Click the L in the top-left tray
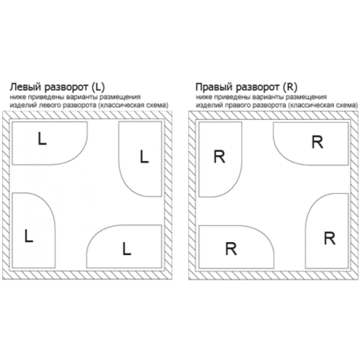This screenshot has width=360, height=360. point(42,139)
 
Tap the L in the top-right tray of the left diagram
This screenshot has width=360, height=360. point(144,157)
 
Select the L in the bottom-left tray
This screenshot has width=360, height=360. point(29,236)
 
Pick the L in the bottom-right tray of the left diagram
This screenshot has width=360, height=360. point(127,249)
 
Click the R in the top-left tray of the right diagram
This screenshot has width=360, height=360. point(219,157)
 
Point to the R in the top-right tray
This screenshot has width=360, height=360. point(317,142)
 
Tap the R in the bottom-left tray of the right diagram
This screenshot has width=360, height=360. point(231,249)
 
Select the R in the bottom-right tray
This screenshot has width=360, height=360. point(329,238)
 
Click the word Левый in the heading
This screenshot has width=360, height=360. point(26,87)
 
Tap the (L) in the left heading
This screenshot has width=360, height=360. point(98,87)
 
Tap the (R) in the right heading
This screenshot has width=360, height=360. point(290,87)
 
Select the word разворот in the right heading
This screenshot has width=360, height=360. point(258,88)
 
